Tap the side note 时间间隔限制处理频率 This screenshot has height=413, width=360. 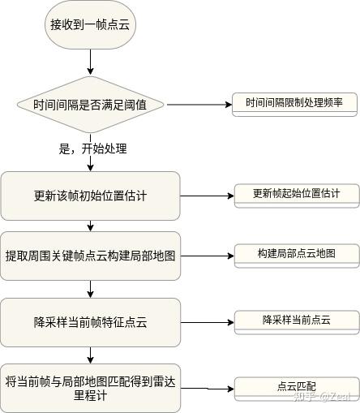[294, 103]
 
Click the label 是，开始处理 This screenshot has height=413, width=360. [93, 149]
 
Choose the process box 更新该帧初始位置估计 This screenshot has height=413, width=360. [90, 196]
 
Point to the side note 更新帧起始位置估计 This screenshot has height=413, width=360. [295, 194]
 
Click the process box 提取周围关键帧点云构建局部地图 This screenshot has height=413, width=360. [90, 256]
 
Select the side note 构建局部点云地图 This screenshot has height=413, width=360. [296, 254]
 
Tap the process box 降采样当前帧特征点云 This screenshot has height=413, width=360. [90, 321]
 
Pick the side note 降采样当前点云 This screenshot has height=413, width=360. [296, 320]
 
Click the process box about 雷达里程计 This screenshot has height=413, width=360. [90, 388]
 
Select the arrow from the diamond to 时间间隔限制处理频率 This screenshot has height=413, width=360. [199, 105]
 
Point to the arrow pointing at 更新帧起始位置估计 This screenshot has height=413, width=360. [205, 196]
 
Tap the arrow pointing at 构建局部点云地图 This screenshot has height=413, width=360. [205, 256]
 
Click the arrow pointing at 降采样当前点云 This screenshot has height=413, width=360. [205, 321]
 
